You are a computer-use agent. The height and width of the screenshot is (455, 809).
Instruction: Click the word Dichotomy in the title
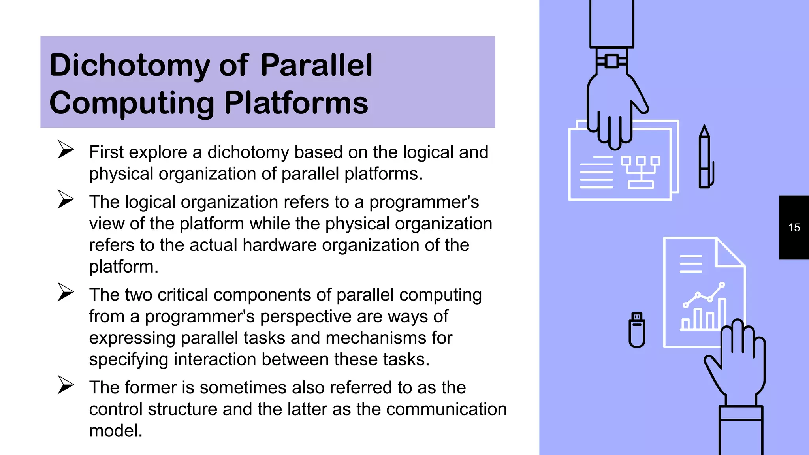(130, 66)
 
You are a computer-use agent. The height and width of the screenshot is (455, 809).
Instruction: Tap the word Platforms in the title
(296, 103)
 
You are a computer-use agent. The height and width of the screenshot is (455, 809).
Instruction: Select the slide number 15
(794, 227)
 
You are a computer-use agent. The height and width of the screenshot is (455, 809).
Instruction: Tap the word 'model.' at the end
(116, 431)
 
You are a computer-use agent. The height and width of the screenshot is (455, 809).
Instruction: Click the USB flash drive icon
(637, 329)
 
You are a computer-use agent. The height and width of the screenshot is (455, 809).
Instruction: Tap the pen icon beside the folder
(705, 158)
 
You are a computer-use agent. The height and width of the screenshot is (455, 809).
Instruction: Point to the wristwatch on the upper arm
(611, 61)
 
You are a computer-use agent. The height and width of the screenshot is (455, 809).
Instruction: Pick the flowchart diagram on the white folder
(640, 172)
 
